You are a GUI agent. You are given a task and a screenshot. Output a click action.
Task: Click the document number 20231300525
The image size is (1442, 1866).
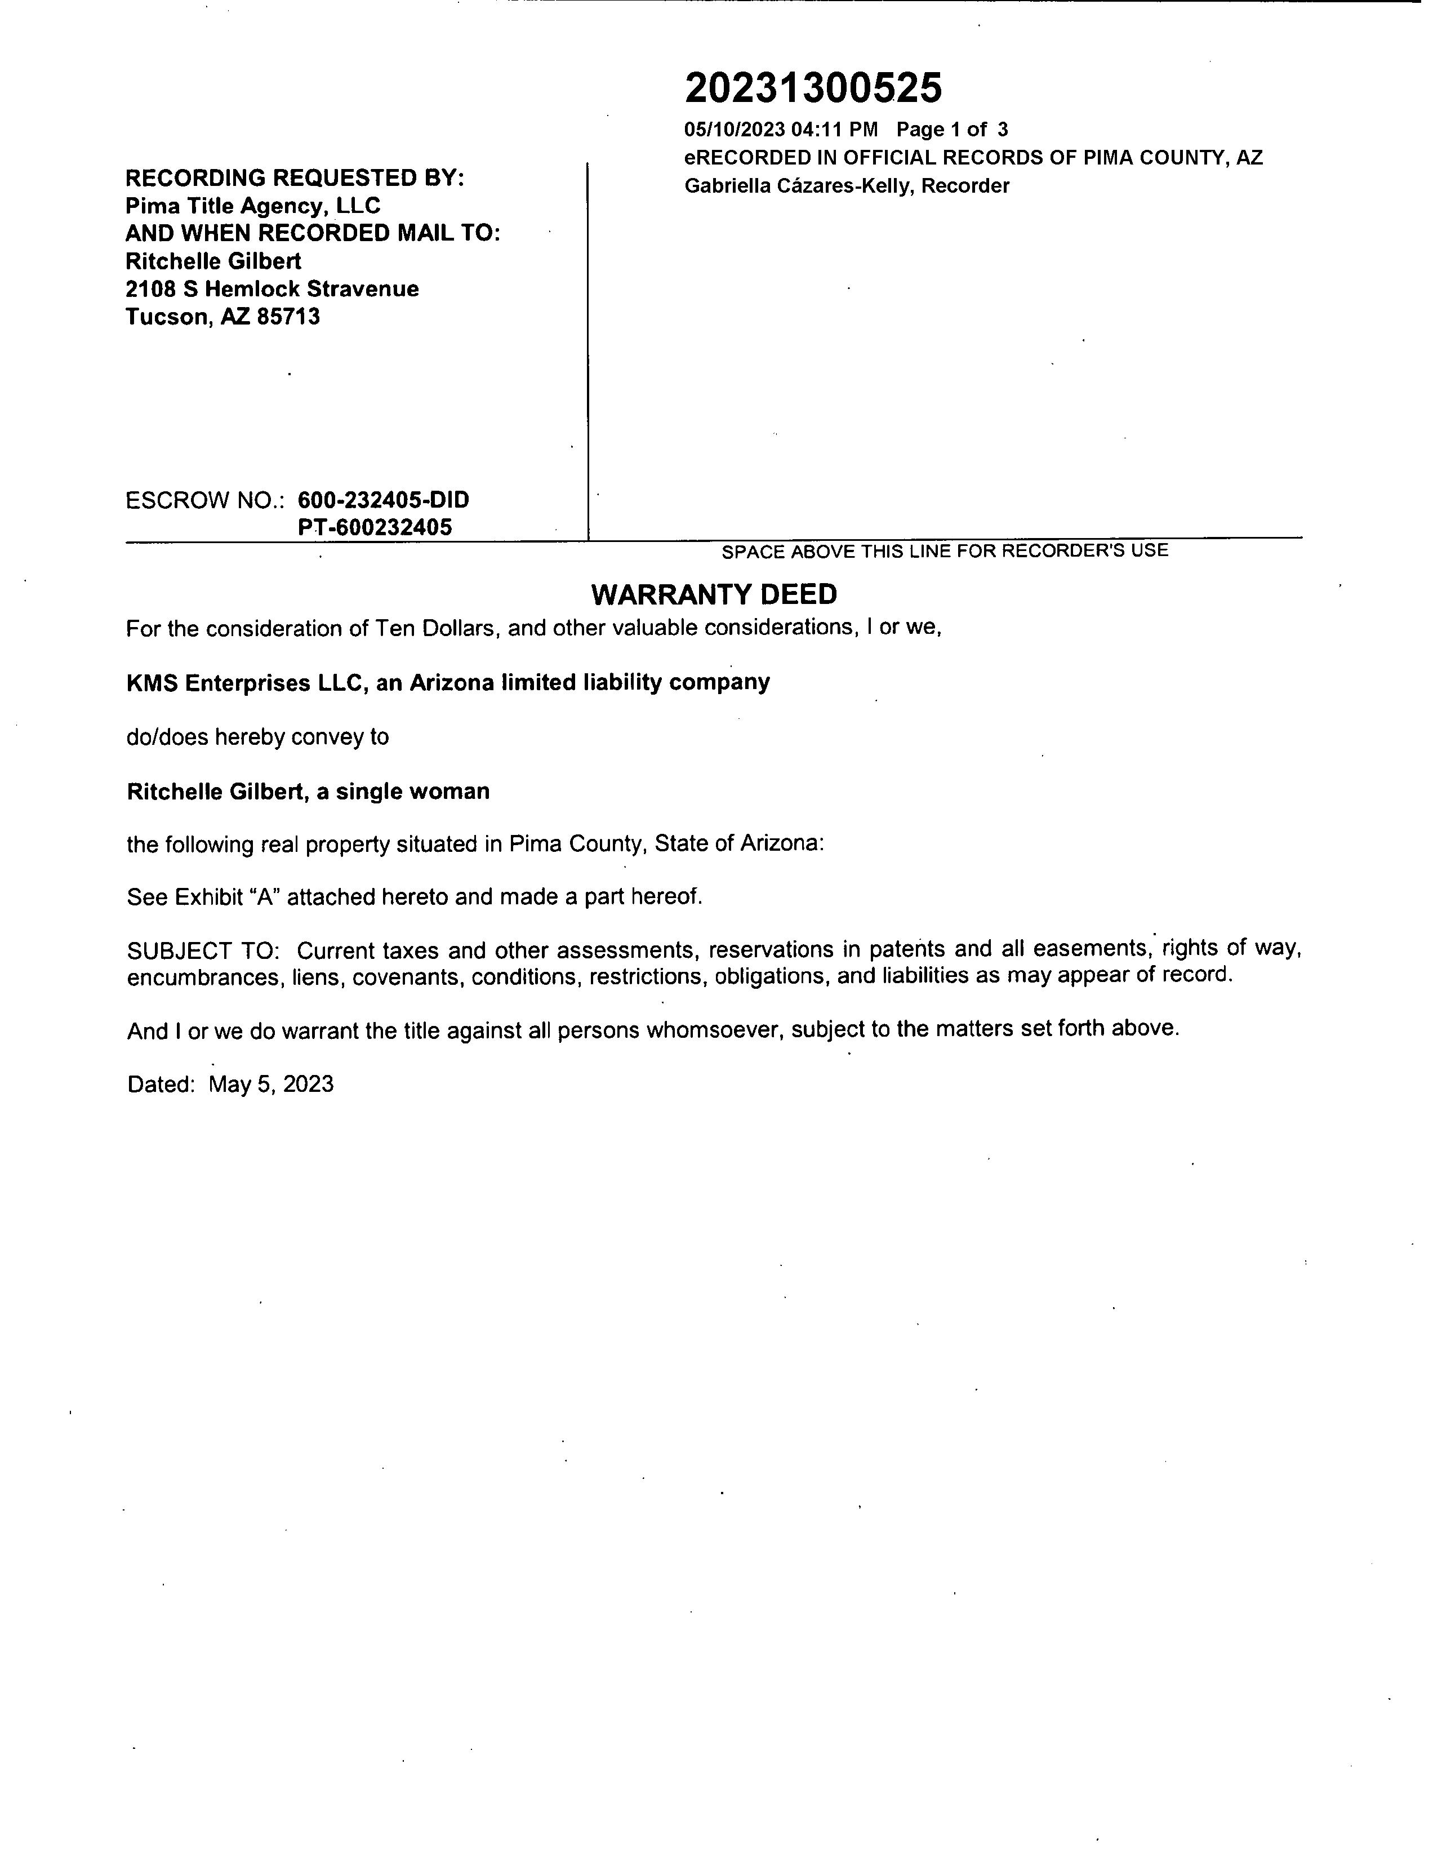[x=813, y=88]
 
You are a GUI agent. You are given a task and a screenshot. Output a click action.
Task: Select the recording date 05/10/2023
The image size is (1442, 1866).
[x=734, y=130]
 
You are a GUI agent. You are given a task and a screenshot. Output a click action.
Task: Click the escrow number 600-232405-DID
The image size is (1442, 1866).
[x=384, y=500]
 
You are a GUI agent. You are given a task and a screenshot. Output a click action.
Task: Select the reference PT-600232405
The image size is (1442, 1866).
[x=375, y=527]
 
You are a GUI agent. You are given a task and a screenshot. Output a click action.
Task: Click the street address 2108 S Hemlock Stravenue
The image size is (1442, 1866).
[x=272, y=289]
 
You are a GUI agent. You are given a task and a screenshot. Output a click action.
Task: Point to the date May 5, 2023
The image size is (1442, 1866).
[x=271, y=1084]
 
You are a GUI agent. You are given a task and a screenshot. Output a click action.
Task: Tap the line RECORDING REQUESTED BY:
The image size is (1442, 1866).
[x=295, y=177]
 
